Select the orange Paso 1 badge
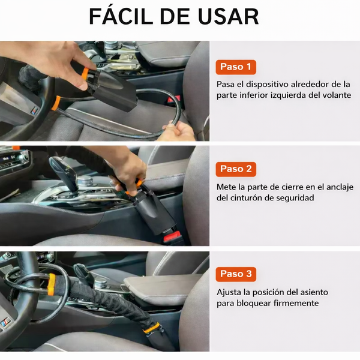[236, 67]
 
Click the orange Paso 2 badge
[236, 169]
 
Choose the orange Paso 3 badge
[236, 274]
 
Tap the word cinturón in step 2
[245, 197]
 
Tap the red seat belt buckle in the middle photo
[172, 238]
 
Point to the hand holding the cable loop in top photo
[178, 130]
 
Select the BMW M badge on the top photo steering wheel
[34, 110]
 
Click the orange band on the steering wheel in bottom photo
[51, 284]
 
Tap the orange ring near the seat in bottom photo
[151, 328]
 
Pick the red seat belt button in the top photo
[173, 100]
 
